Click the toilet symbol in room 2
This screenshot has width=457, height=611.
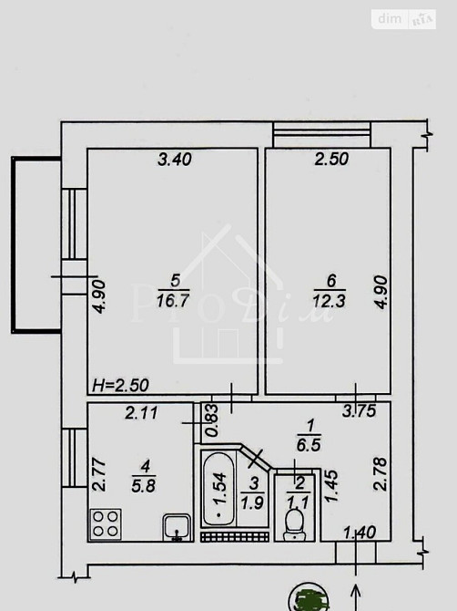[294, 524]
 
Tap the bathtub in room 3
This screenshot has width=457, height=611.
[218, 488]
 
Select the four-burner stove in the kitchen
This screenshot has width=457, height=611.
[106, 524]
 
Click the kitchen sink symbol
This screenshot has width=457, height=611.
[177, 528]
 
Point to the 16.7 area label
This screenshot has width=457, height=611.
[173, 301]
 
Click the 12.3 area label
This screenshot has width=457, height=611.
[329, 301]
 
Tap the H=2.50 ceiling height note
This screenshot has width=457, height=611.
[120, 386]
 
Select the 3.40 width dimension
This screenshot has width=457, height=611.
[175, 160]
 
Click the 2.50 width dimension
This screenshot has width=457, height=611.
[331, 159]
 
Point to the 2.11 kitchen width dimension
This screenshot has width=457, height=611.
[142, 413]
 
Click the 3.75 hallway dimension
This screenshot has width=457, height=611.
[360, 410]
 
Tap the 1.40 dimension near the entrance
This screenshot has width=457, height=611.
[360, 533]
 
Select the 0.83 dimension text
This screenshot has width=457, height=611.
[213, 420]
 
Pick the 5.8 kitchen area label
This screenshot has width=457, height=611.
[144, 486]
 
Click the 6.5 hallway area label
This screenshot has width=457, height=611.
[309, 445]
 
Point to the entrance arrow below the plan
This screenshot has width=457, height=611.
[356, 597]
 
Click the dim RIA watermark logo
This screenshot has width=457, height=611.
[403, 19]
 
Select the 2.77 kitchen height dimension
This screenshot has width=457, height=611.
[99, 474]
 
